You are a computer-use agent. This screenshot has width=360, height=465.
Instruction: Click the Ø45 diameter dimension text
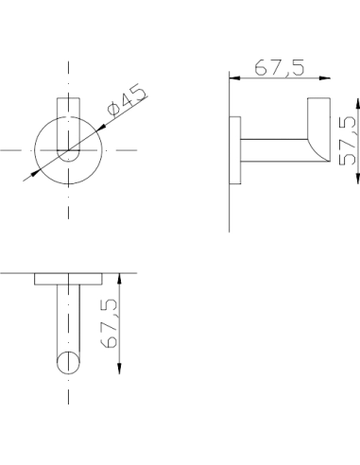tap(129, 101)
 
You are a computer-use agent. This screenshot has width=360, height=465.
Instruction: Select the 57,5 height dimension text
tap(346, 141)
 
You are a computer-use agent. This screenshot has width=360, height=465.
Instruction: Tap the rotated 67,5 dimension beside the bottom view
tap(109, 324)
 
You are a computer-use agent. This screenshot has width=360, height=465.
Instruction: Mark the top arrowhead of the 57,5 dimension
tap(336, 99)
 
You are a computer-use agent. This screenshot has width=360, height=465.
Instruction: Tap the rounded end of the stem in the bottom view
tap(69, 362)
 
